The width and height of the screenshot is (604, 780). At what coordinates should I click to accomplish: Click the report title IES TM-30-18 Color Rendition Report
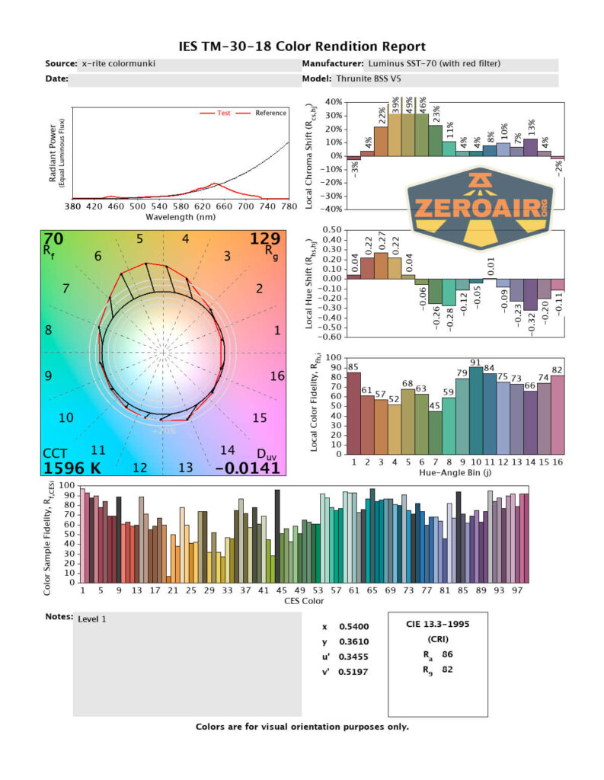(x=302, y=47)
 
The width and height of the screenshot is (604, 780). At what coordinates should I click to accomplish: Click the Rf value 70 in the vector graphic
(x=53, y=240)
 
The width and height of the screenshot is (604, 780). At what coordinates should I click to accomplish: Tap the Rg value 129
(x=266, y=240)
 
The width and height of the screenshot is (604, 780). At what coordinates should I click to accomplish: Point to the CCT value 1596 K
(x=74, y=468)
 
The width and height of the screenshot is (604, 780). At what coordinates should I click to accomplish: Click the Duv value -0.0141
(x=248, y=468)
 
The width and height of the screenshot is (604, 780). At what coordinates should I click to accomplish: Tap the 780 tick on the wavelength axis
(x=289, y=206)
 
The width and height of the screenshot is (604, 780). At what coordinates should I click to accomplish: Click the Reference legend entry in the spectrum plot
(x=270, y=113)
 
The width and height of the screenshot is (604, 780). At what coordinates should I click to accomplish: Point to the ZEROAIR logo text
(x=479, y=206)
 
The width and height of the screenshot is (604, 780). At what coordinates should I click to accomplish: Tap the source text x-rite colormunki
(x=118, y=64)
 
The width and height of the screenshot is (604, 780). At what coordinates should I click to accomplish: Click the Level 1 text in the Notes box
(x=92, y=619)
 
